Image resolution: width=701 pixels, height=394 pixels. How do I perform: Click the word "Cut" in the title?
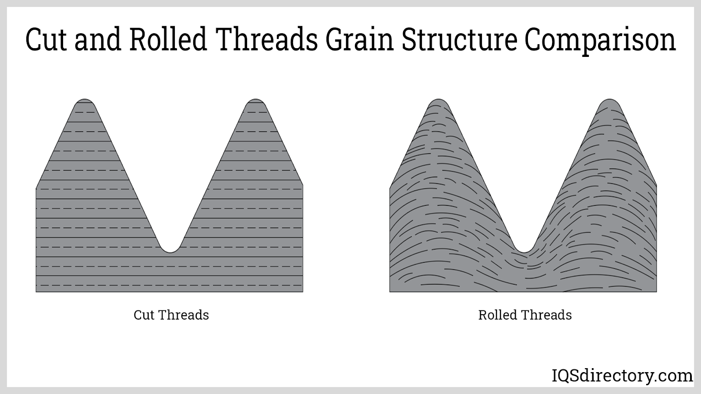pos(46,40)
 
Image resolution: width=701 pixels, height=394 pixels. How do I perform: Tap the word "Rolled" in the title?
pos(168,39)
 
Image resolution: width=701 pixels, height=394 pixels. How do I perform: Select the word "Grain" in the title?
pos(360,39)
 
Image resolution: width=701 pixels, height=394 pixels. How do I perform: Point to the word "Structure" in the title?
pos(460,40)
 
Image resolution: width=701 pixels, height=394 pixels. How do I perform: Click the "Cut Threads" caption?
pos(171,315)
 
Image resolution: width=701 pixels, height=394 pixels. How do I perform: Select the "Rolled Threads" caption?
pos(525,315)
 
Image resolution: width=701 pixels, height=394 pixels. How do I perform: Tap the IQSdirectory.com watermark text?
pos(622,376)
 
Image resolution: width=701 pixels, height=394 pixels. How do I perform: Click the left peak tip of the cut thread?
pos(85,99)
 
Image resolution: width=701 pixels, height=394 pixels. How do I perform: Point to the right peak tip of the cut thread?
pos(255,99)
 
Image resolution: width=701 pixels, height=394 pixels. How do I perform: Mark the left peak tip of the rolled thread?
pos(439,99)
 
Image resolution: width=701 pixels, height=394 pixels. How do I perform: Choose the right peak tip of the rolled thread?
pos(609,99)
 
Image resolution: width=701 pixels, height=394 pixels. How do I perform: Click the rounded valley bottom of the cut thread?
pos(170,252)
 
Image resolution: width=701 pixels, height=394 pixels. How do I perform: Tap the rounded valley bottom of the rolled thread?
pos(524,252)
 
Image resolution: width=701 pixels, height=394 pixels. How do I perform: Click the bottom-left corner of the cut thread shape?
pos(36,292)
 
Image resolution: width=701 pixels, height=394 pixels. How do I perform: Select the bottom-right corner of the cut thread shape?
pos(303,292)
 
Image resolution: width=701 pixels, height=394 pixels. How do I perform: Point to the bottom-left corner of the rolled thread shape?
pos(389,292)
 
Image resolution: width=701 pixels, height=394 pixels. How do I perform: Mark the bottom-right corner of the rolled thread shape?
pos(657,292)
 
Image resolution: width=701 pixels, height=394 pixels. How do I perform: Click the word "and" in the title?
pos(98,39)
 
